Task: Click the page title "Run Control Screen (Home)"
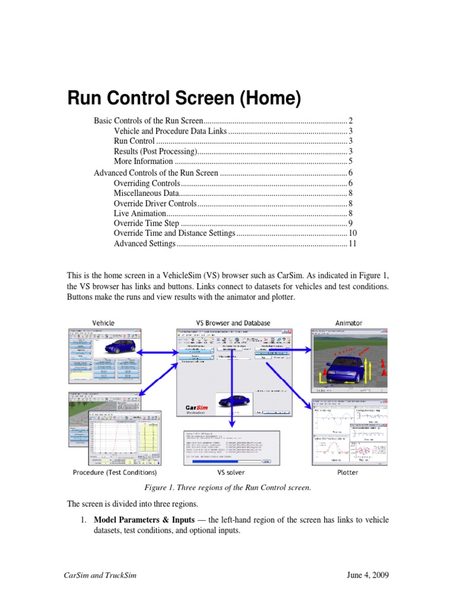click(x=183, y=97)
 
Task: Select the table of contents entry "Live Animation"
click(x=140, y=213)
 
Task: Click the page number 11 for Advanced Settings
click(x=352, y=243)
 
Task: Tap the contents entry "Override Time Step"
click(x=146, y=223)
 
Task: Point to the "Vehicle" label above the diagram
click(x=103, y=323)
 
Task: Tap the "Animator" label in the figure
click(x=349, y=323)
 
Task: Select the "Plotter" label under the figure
click(x=347, y=473)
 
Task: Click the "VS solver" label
click(x=233, y=473)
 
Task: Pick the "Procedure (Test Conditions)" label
click(x=115, y=473)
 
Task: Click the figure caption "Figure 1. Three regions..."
click(x=227, y=487)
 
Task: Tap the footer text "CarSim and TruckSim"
click(x=100, y=577)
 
